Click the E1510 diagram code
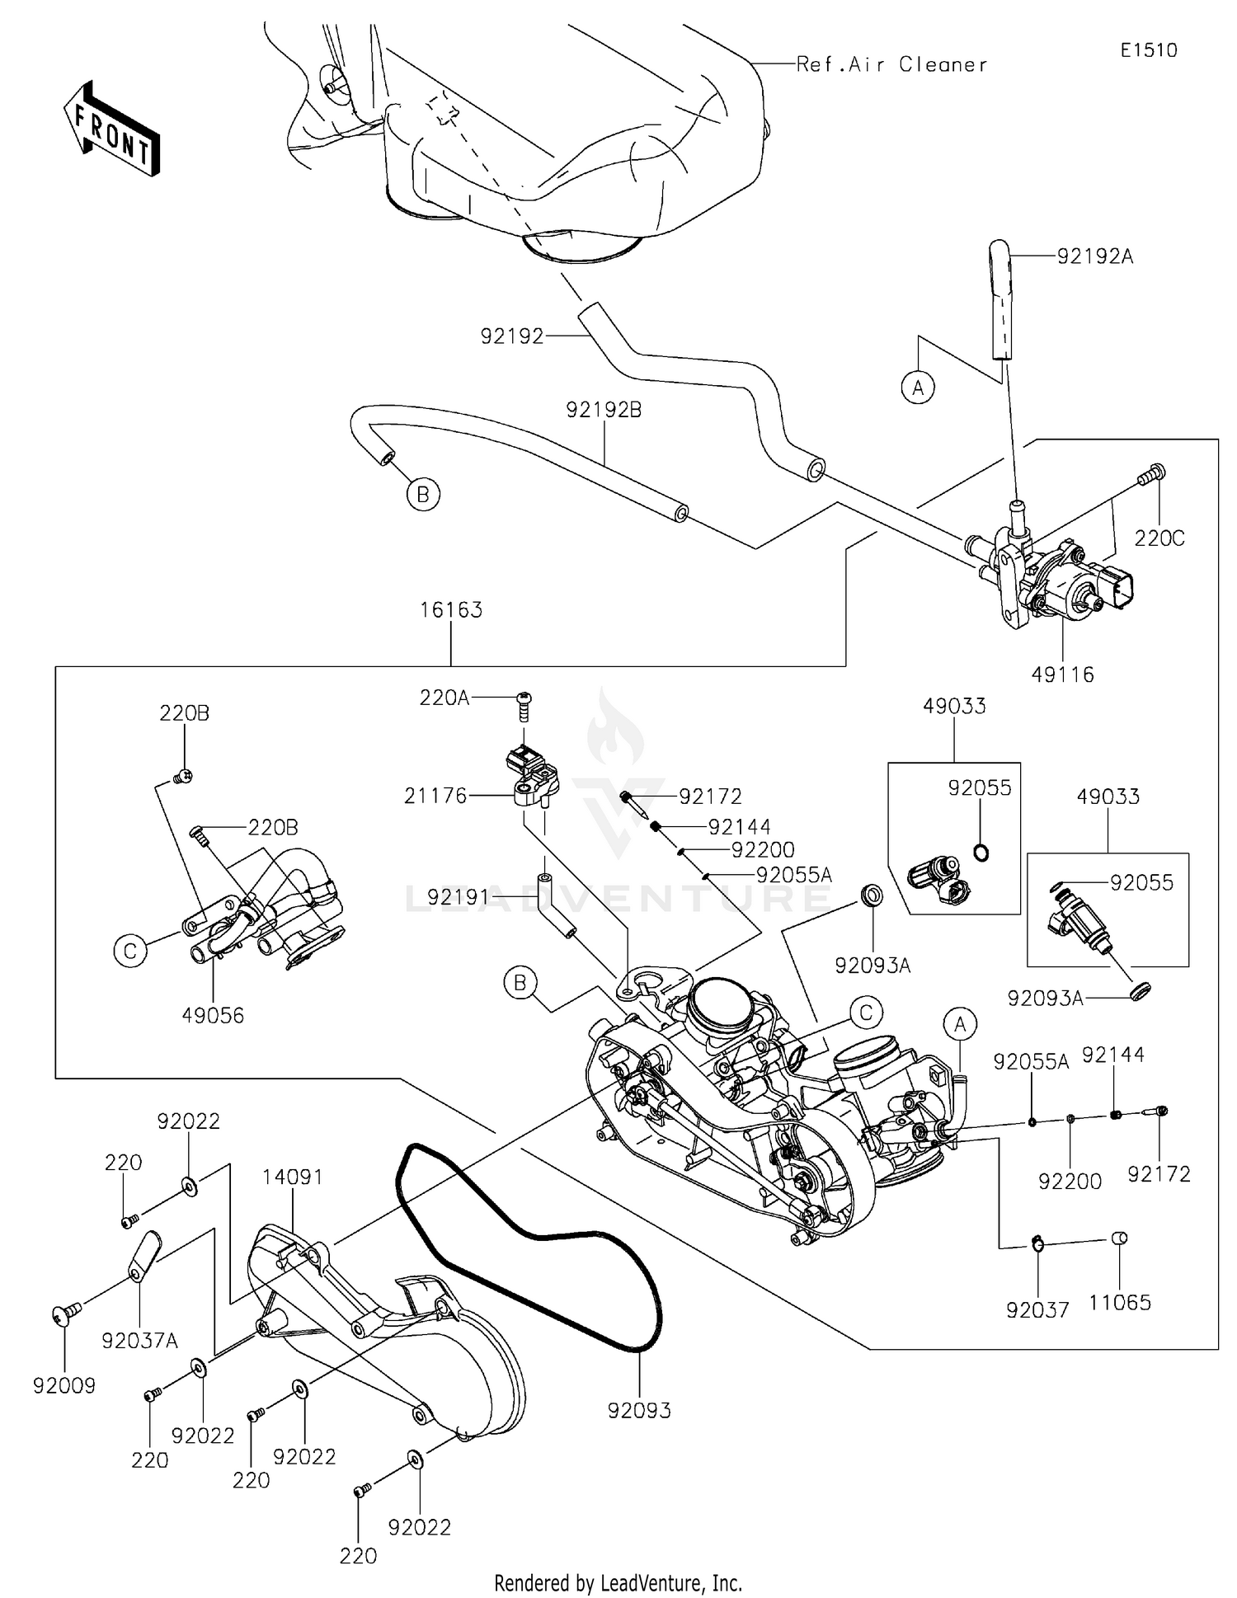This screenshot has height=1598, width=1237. point(1148,50)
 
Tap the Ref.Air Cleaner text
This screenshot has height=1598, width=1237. point(891,65)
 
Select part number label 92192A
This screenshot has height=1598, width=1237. point(1095,257)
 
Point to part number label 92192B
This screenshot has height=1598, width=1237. point(604,410)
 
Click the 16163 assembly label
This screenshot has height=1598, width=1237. point(450,610)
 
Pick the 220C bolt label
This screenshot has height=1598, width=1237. point(1159,538)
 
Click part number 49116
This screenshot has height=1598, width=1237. point(1062,674)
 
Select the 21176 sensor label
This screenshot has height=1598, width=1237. point(435,796)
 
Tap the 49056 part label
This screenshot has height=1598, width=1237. point(213,1016)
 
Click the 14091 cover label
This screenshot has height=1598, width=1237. point(293,1177)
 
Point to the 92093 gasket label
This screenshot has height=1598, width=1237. point(639,1411)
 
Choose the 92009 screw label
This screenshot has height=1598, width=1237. point(64,1386)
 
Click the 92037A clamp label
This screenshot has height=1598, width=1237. point(139,1341)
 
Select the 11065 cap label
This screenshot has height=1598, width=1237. point(1119,1303)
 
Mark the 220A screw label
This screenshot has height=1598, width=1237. point(444,698)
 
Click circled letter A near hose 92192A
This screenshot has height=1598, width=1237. point(918,386)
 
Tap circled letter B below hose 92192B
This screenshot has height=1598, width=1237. point(423,495)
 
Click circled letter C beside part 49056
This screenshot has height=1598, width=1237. point(129,951)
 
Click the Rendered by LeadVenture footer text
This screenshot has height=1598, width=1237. point(618,1583)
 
